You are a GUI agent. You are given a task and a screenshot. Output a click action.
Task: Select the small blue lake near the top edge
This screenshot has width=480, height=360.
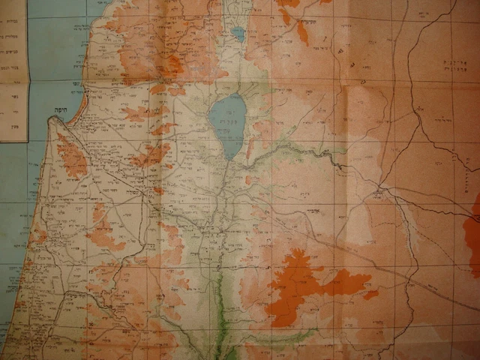click(x=238, y=34)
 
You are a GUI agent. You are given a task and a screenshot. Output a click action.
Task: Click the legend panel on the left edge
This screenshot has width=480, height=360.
click(x=13, y=71)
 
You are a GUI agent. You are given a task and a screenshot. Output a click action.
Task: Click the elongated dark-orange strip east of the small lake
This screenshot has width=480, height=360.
click(x=302, y=31)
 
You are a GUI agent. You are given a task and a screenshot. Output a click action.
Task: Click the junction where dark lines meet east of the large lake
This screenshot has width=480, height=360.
click(x=379, y=187)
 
